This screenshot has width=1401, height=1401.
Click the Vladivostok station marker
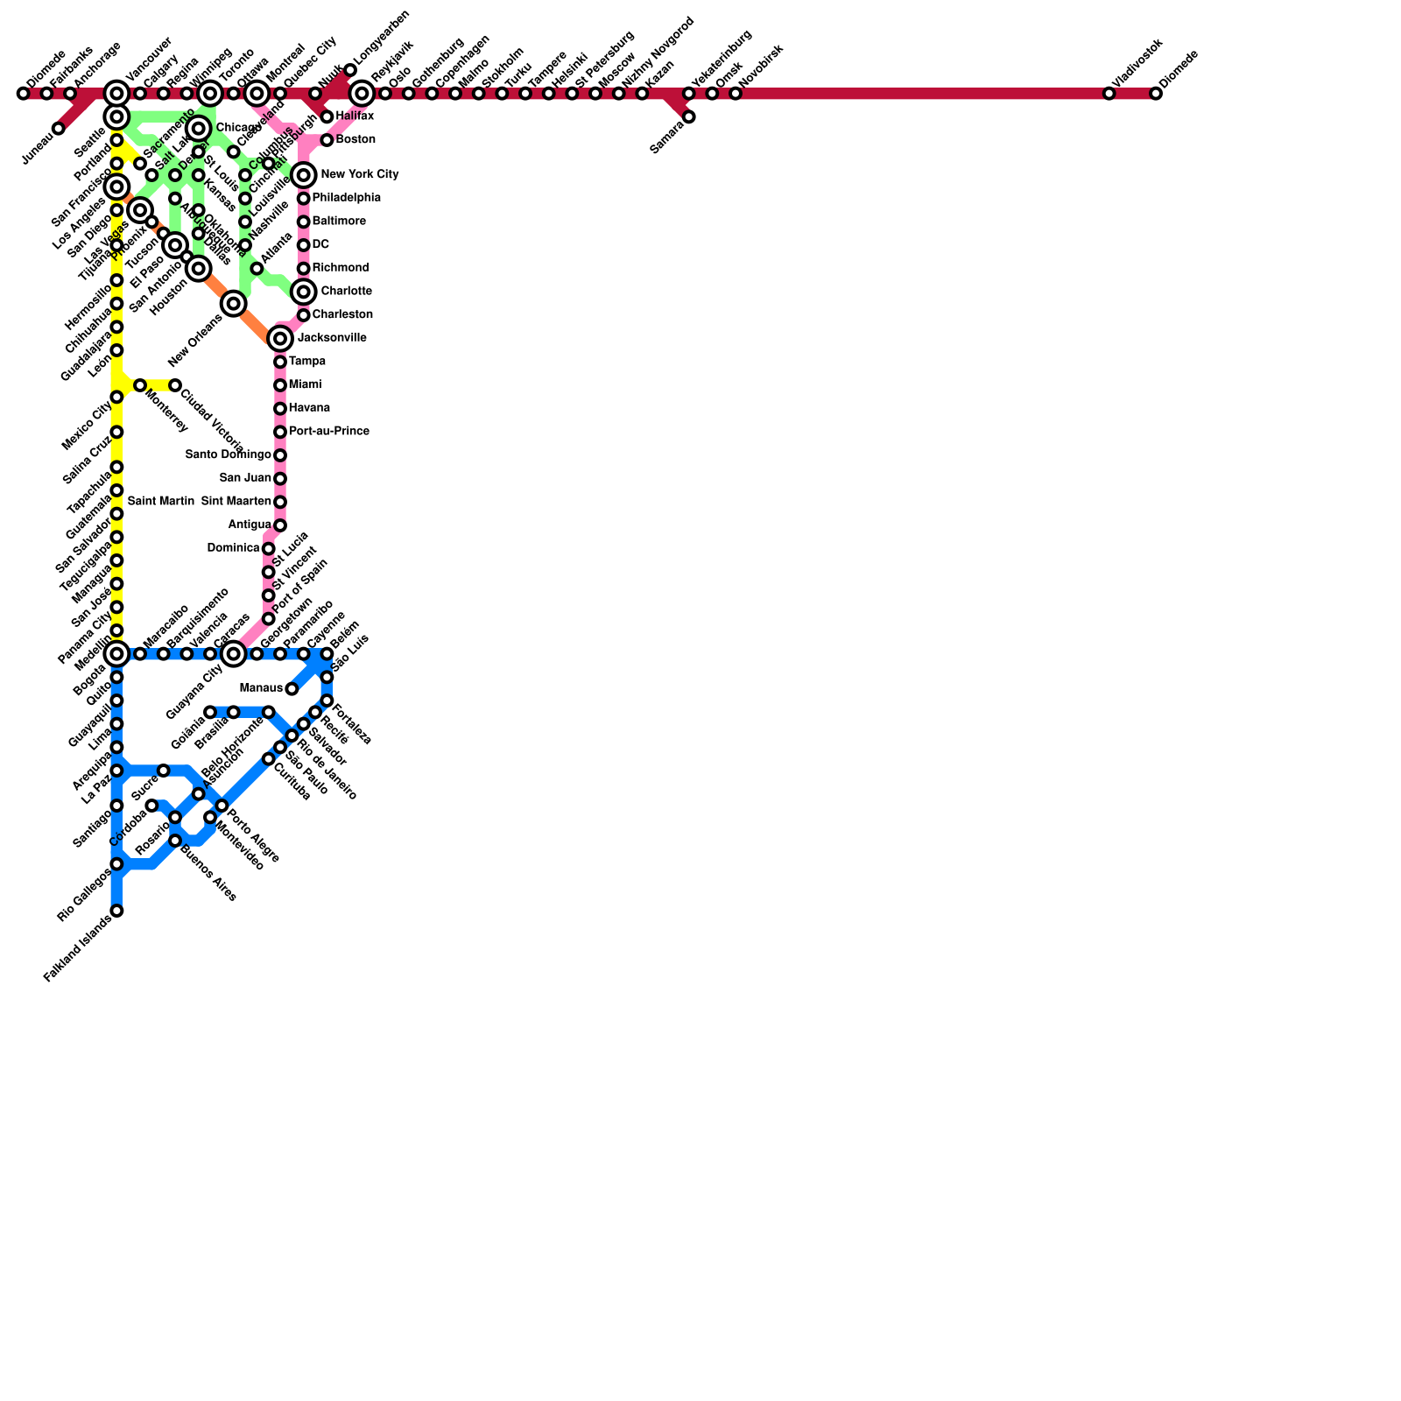point(1109,94)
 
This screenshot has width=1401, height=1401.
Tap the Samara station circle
point(689,116)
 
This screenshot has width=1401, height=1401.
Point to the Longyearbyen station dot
point(350,70)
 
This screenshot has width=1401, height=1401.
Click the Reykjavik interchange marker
point(362,94)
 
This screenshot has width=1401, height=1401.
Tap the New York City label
point(359,175)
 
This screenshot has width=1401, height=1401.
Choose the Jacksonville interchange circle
point(280,338)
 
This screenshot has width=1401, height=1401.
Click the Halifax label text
point(355,116)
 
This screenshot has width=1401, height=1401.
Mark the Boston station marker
point(327,140)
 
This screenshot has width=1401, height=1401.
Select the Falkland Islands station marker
point(116,911)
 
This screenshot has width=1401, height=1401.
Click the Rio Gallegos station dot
point(116,864)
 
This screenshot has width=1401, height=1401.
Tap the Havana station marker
point(280,409)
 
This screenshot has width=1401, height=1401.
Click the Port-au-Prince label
point(328,432)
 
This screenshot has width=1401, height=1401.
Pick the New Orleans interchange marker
point(233,304)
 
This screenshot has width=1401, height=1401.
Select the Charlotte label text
point(346,292)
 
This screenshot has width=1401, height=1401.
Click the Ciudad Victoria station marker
point(175,385)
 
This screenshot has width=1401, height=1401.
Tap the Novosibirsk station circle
point(736,94)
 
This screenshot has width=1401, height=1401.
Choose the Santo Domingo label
point(228,455)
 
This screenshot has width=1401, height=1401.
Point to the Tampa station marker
point(280,362)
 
